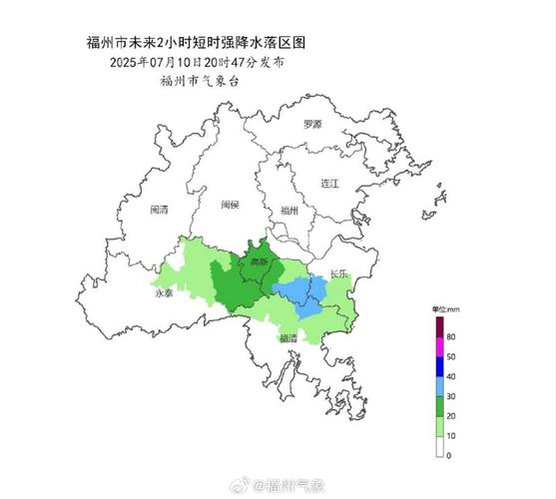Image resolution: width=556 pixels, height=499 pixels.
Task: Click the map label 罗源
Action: tap(312, 125)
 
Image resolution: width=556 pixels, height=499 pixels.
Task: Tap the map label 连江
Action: tap(330, 185)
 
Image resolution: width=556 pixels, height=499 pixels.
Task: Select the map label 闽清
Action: tap(159, 210)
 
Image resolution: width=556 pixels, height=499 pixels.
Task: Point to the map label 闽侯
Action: tap(229, 205)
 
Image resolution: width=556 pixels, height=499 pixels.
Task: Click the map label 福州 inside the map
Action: tap(289, 211)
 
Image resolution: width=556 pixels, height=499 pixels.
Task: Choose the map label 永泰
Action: tap(165, 295)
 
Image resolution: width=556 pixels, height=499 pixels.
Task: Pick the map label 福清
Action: tap(287, 337)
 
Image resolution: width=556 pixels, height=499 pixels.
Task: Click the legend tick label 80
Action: tap(451, 337)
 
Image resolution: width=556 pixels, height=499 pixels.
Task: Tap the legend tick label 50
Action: tap(451, 356)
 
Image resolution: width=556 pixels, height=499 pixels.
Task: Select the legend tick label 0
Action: tap(449, 455)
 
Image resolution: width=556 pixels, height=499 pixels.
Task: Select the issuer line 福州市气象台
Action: tap(193, 81)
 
